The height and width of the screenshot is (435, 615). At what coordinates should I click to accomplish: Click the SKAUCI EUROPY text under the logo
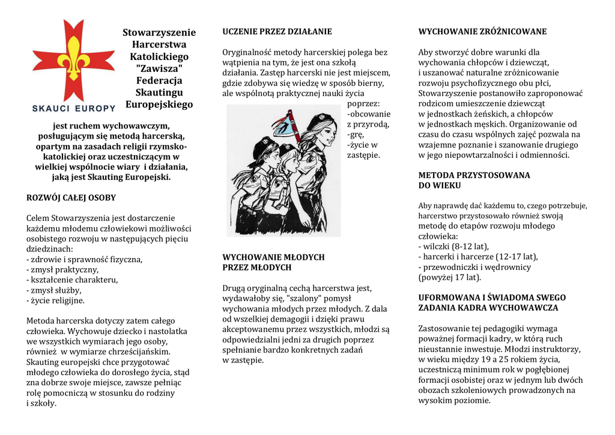pyautogui.click(x=73, y=108)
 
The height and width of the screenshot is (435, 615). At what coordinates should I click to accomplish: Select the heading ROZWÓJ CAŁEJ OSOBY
pyautogui.click(x=71, y=197)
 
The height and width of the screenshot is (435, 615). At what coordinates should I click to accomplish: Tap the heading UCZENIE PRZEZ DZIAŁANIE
pyautogui.click(x=277, y=31)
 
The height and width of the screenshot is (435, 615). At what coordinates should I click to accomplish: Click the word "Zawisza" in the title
pyautogui.click(x=159, y=68)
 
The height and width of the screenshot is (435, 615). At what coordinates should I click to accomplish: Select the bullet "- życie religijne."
pyautogui.click(x=56, y=301)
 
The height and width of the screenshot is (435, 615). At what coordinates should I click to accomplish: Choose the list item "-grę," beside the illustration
pyautogui.click(x=356, y=134)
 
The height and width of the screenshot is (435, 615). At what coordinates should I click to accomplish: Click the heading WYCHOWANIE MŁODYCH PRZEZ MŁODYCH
pyautogui.click(x=273, y=262)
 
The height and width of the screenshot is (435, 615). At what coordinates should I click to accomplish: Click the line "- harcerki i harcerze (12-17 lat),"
pyautogui.click(x=478, y=257)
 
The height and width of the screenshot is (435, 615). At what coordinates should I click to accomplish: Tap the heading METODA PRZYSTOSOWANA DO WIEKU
pyautogui.click(x=474, y=180)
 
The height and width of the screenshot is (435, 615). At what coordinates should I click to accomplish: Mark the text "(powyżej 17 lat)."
pyautogui.click(x=449, y=277)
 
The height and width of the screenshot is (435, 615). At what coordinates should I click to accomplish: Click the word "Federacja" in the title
pyautogui.click(x=159, y=80)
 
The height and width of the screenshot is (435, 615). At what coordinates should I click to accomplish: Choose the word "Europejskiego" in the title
pyautogui.click(x=159, y=104)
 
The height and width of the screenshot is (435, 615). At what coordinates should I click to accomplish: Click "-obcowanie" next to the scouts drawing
pyautogui.click(x=369, y=114)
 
